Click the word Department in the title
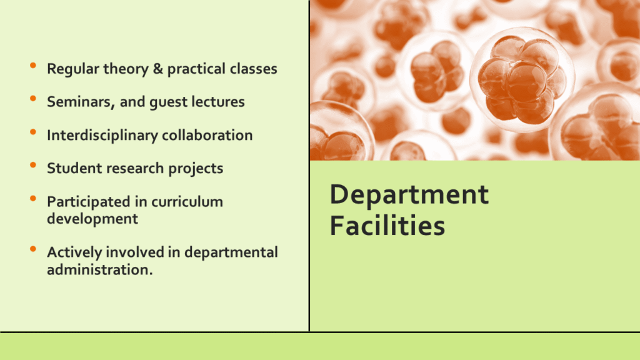click(409, 196)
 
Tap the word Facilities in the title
click(387, 225)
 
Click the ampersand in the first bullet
click(158, 69)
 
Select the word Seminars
click(81, 102)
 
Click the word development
click(92, 219)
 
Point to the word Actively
click(74, 252)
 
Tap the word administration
click(99, 270)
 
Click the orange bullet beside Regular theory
click(33, 65)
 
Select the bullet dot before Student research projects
click(33, 165)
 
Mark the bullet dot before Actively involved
click(33, 249)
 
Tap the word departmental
click(231, 252)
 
